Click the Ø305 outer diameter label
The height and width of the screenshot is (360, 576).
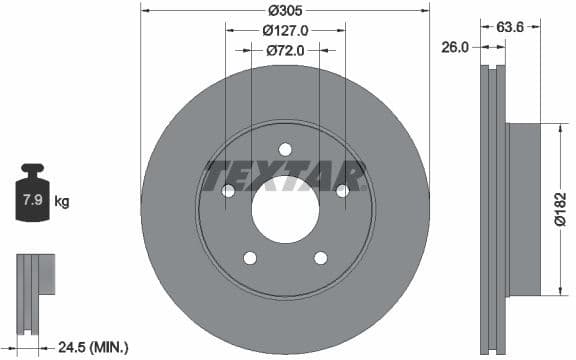pyautogui.click(x=285, y=10)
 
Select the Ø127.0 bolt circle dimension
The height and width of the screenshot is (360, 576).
pyautogui.click(x=285, y=30)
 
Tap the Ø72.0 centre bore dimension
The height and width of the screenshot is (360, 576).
pyautogui.click(x=285, y=48)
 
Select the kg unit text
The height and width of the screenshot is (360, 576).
pyautogui.click(x=62, y=202)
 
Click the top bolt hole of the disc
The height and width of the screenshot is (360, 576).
pyautogui.click(x=285, y=149)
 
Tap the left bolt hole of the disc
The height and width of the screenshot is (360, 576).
pyautogui.click(x=228, y=190)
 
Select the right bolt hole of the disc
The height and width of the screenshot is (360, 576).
pyautogui.click(x=342, y=190)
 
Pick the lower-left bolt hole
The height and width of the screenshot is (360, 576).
pyautogui.click(x=250, y=258)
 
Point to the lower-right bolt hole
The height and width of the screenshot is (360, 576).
pyautogui.click(x=320, y=258)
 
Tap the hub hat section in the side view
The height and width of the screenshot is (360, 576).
pyautogui.click(x=523, y=209)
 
